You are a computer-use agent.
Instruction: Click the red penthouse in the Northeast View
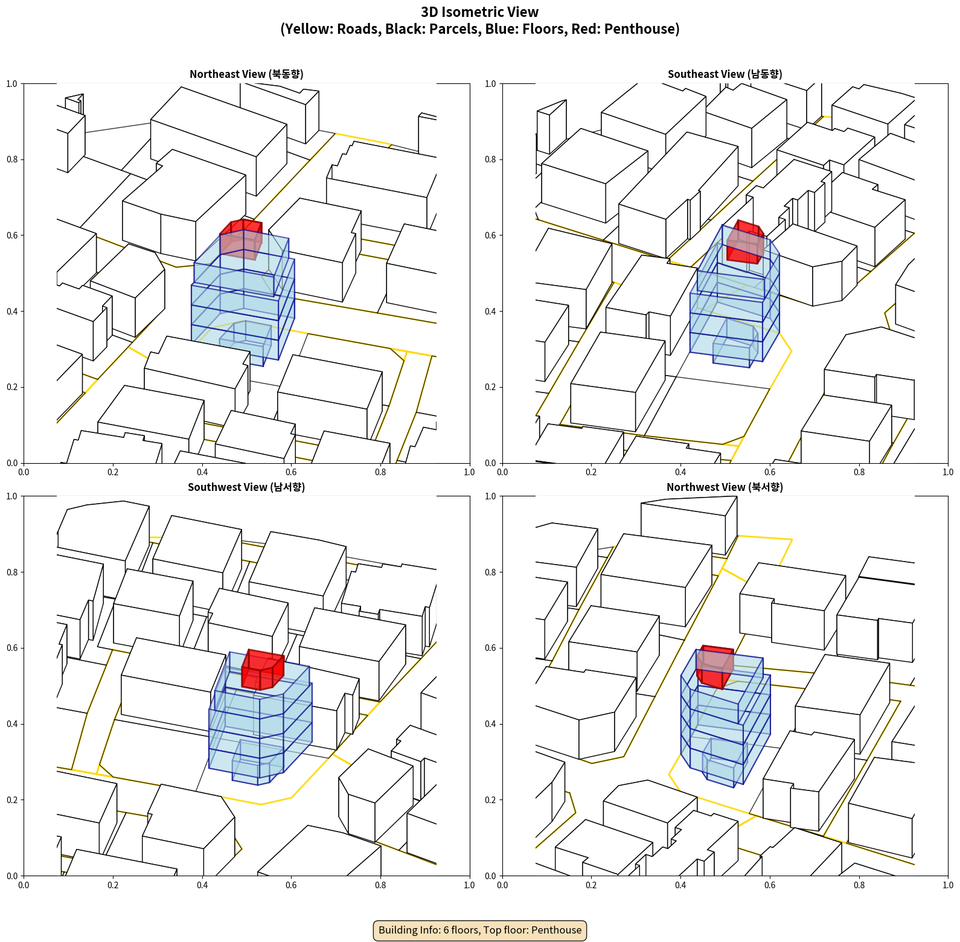point(241,239)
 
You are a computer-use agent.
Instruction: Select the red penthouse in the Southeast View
point(745,242)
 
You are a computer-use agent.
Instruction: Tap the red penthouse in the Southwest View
point(263,670)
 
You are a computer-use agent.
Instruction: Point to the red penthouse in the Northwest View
point(715,667)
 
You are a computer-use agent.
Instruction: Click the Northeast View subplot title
point(246,74)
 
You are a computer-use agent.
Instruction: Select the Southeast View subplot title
point(725,74)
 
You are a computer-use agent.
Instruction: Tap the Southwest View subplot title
point(246,487)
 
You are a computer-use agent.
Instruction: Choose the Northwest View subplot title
point(725,487)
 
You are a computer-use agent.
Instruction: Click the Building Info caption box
point(480,930)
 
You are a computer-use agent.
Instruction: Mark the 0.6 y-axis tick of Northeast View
point(12,235)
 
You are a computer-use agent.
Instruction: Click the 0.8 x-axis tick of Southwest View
point(380,885)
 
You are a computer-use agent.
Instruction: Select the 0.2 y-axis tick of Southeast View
point(490,387)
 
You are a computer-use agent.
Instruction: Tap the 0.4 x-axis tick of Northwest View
point(680,885)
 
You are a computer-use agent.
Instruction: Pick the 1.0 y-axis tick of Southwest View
point(12,496)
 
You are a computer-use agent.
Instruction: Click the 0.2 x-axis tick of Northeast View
point(113,472)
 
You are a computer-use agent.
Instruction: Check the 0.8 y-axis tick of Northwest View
point(490,572)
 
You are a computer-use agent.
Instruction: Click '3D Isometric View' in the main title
point(480,12)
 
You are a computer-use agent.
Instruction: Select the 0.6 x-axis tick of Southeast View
point(770,472)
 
